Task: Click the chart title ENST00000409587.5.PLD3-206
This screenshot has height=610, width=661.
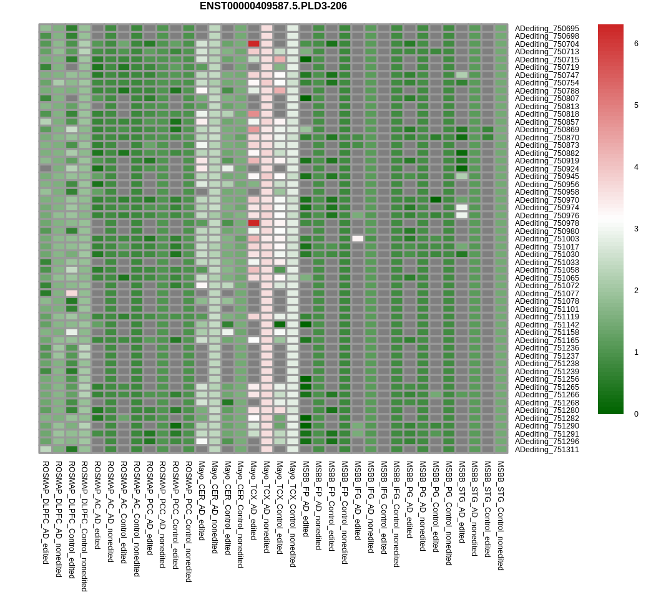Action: [273, 6]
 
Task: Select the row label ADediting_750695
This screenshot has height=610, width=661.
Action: [547, 29]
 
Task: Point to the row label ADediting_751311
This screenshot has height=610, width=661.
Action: [547, 450]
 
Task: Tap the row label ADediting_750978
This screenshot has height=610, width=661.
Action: [547, 223]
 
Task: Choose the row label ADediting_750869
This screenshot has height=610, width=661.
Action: [547, 130]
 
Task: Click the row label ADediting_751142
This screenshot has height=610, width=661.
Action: [547, 325]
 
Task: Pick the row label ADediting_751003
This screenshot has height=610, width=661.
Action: [547, 239]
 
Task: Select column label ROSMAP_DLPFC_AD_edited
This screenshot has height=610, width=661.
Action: [46, 512]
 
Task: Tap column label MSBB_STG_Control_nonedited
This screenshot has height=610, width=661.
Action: [501, 516]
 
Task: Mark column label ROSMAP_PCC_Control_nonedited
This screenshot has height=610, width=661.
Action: [189, 521]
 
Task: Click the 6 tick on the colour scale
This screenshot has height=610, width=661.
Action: [636, 44]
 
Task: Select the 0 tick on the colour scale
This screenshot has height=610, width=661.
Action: [636, 414]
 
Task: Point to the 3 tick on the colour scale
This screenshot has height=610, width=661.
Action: [636, 229]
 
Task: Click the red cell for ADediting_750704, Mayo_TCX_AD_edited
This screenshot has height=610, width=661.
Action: [253, 44]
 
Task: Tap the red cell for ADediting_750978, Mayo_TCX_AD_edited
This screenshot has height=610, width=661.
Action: [253, 223]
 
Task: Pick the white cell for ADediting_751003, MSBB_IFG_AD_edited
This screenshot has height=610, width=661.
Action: [358, 238]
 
